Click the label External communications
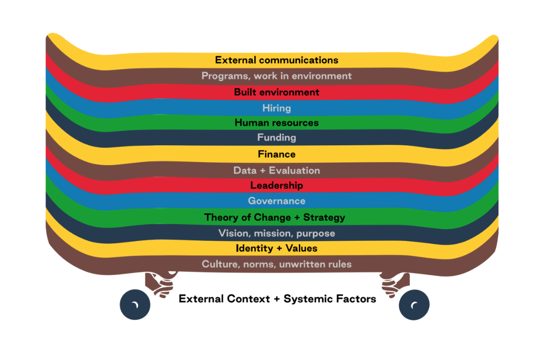pos(276,60)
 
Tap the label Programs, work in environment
pos(276,76)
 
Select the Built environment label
pos(276,92)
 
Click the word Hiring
pos(276,108)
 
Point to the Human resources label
pos(276,123)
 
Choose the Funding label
pos(276,137)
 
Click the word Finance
pos(276,154)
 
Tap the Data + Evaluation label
pos(276,171)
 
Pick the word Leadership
pos(276,185)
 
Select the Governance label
pos(276,201)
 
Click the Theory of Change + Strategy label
pos(274,218)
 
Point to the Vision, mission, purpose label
pos(276,233)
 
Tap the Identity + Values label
pos(276,248)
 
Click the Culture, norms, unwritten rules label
pos(276,264)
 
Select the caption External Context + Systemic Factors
pos(277,299)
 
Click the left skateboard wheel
pos(135,305)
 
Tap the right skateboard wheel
pos(414,305)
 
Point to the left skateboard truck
pos(159,283)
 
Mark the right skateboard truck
pos(395,283)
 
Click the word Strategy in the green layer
pos(324,218)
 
